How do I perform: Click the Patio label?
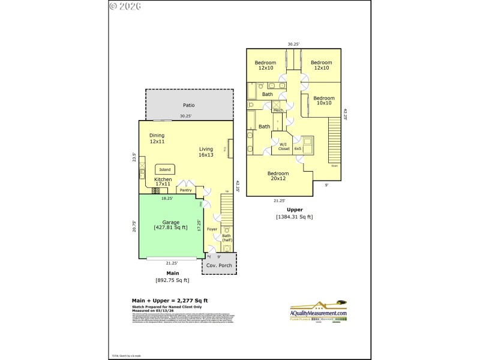188,106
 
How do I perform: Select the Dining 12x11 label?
157,139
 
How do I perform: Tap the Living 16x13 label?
206,152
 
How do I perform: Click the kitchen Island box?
165,170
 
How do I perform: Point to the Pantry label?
185,190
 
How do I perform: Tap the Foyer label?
212,229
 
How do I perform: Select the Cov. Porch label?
218,265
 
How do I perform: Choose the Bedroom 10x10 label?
323,100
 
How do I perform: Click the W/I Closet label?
284,146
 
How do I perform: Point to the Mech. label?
278,110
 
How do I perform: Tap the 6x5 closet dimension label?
298,148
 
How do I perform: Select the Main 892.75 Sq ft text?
172,276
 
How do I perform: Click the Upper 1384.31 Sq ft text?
294,213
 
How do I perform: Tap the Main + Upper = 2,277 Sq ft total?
170,301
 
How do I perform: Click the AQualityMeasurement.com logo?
319,311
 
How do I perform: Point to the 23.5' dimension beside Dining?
134,157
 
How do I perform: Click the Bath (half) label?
226,238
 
